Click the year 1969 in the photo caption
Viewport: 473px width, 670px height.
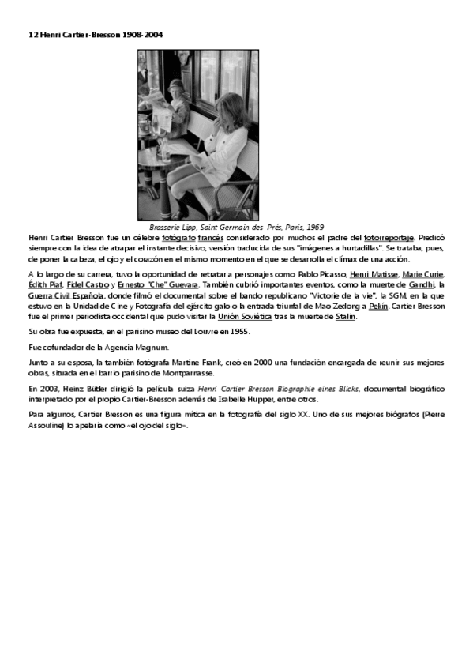314,227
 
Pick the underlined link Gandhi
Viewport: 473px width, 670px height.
422,284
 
